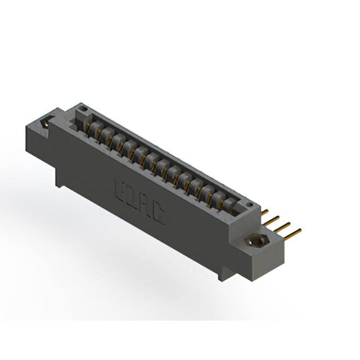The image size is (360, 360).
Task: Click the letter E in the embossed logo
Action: click(x=120, y=187)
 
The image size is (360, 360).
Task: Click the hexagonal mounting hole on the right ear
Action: click(x=256, y=240)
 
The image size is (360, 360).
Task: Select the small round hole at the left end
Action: click(x=82, y=107)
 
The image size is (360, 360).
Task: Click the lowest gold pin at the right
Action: click(x=292, y=231)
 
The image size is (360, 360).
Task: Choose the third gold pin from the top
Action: click(x=283, y=225)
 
